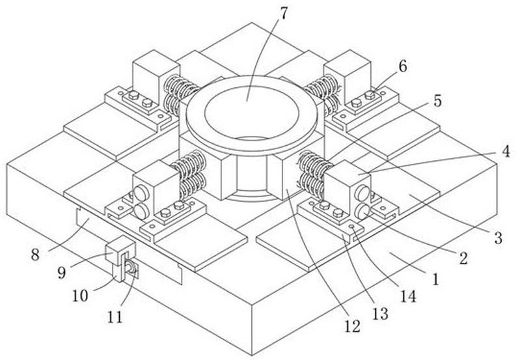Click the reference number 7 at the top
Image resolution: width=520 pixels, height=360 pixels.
tap(284, 13)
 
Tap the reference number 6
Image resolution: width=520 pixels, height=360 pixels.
tap(402, 66)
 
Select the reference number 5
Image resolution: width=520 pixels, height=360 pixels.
tap(438, 100)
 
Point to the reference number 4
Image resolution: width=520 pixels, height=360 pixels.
tap(506, 152)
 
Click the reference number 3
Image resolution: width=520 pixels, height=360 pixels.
tap(498, 238)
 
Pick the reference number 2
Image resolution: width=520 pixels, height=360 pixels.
tap(463, 258)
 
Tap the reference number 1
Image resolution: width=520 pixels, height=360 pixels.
tap(436, 279)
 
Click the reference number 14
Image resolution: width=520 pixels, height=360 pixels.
tap(408, 296)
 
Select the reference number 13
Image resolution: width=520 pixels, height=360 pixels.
tap(380, 313)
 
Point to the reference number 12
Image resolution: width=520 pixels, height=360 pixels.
tap(352, 327)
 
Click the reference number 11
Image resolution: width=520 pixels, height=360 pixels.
tap(115, 317)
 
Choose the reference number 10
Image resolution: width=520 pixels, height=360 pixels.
tap(80, 296)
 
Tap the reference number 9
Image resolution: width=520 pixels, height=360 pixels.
tap(62, 273)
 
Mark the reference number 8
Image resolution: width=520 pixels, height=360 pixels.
tap(35, 255)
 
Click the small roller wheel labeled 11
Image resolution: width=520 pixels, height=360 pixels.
tap(131, 268)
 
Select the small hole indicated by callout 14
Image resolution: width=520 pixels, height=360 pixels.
tap(352, 227)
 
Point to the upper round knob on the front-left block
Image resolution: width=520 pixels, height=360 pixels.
tap(141, 193)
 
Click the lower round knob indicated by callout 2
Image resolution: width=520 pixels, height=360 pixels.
tap(363, 212)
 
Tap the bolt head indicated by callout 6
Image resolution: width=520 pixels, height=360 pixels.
tap(370, 96)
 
